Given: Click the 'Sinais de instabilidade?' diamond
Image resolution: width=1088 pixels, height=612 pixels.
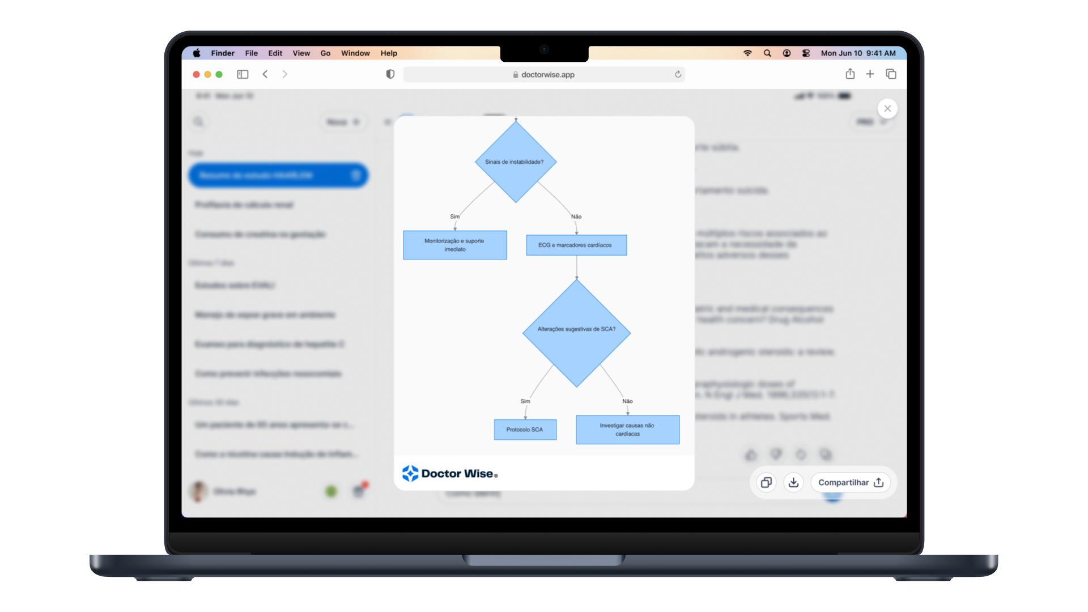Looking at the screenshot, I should coord(515,162).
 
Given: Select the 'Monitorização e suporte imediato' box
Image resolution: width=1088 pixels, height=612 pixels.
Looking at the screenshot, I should coord(454,245).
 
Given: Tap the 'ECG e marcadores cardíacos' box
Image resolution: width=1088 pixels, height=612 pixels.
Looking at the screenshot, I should coord(576,245).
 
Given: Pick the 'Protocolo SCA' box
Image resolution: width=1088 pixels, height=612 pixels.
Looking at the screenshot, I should coord(525,430).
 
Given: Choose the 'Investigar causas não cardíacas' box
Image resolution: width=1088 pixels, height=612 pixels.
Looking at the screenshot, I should coord(627,430).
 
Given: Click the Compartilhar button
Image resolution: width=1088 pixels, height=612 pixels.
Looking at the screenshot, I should coord(851,482).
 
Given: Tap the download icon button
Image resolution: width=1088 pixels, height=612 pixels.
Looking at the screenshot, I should coord(793,482).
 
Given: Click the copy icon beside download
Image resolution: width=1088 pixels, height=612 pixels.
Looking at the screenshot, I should coord(766,482).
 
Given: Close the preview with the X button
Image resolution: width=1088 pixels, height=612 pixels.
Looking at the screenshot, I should coord(887,108).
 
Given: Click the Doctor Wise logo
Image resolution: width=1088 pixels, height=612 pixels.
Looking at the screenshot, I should coord(450,473).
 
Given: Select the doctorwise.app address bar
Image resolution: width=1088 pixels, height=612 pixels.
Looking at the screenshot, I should coord(544,74).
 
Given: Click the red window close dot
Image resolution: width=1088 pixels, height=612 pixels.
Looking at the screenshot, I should coord(196,74).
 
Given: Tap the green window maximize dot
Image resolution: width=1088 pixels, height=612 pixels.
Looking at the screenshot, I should coord(219,74).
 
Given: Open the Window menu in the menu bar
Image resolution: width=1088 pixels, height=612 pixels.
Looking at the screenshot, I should coord(355,53).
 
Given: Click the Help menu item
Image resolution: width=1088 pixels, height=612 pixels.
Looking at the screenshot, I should coord(389,53).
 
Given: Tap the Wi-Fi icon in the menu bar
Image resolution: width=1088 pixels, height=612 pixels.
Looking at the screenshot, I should coord(747,53).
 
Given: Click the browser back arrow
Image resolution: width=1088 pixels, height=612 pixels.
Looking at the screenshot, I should coord(265,74).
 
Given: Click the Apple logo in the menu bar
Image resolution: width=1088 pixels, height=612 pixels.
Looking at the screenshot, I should coord(197,53).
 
